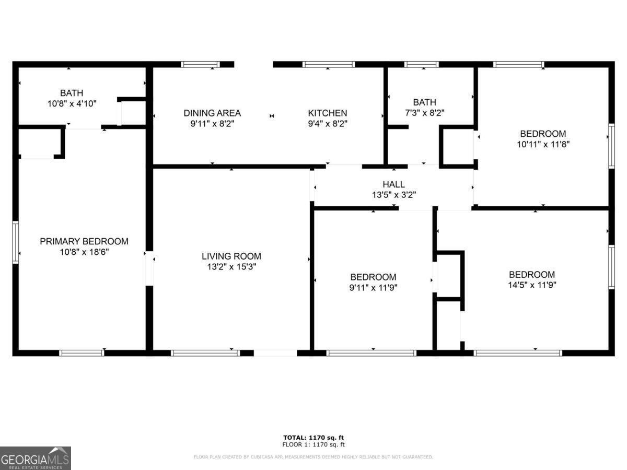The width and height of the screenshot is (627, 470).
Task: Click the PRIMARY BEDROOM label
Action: pyautogui.click(x=84, y=241)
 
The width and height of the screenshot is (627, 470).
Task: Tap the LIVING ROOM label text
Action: pyautogui.click(x=231, y=256)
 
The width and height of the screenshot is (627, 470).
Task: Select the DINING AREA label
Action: pyautogui.click(x=212, y=113)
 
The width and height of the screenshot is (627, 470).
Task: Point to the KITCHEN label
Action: pyautogui.click(x=327, y=113)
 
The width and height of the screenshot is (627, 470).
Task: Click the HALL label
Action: pyautogui.click(x=393, y=184)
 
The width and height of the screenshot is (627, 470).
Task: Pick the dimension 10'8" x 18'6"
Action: pyautogui.click(x=84, y=252)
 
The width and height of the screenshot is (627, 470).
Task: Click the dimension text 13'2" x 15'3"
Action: pyautogui.click(x=231, y=267)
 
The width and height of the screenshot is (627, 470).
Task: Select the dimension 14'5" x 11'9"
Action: pyautogui.click(x=532, y=285)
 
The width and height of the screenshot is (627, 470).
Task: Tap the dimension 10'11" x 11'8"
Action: pyautogui.click(x=543, y=144)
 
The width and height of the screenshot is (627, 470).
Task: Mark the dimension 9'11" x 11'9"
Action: pyautogui.click(x=373, y=287)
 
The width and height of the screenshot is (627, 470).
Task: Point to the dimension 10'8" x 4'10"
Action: pyautogui.click(x=72, y=103)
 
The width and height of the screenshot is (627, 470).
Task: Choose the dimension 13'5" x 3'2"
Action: pyautogui.click(x=393, y=195)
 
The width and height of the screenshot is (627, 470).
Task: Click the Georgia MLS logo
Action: pyautogui.click(x=36, y=458)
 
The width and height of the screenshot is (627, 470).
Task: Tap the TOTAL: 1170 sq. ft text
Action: pyautogui.click(x=313, y=438)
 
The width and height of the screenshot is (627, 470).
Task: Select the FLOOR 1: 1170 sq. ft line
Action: pyautogui.click(x=313, y=444)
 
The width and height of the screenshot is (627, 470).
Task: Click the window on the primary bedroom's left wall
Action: pyautogui.click(x=16, y=242)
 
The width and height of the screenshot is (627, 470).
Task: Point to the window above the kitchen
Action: pyautogui.click(x=329, y=65)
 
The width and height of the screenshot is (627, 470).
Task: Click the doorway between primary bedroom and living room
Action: pyautogui.click(x=149, y=268)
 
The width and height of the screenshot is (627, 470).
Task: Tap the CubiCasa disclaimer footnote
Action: pyautogui.click(x=313, y=457)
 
